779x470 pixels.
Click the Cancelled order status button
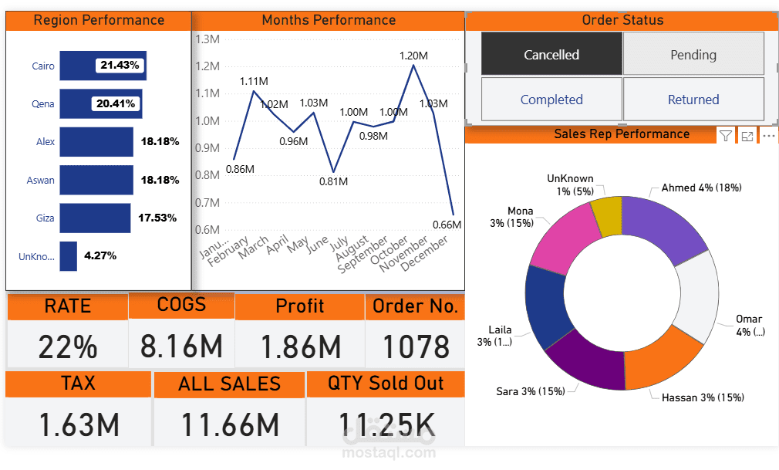coord(551,54)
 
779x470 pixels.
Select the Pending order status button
coord(693,54)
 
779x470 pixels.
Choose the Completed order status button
coord(551,100)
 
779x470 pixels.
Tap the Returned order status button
coord(693,100)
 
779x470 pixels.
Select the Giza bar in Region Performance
coord(95,218)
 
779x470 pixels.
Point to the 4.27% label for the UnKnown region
coord(100,255)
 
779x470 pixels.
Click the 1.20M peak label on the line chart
coord(413,56)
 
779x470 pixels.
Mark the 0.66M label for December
coord(447,225)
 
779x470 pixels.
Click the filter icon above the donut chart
coord(726,136)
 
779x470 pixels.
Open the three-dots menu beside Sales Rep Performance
coord(768,136)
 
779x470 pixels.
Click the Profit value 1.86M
coord(300,347)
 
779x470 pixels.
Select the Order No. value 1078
coord(415,347)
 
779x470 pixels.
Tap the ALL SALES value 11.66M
coord(230,425)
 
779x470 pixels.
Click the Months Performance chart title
coord(329,20)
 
